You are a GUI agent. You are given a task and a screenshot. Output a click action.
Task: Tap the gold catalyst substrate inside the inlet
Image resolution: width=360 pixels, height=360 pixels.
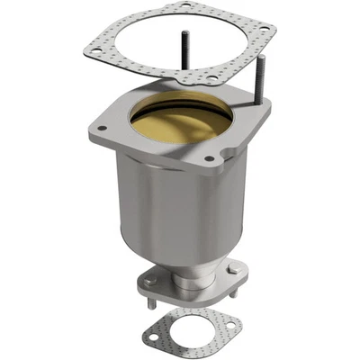(181, 121)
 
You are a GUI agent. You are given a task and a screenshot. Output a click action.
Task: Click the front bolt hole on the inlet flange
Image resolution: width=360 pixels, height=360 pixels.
(210, 159)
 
